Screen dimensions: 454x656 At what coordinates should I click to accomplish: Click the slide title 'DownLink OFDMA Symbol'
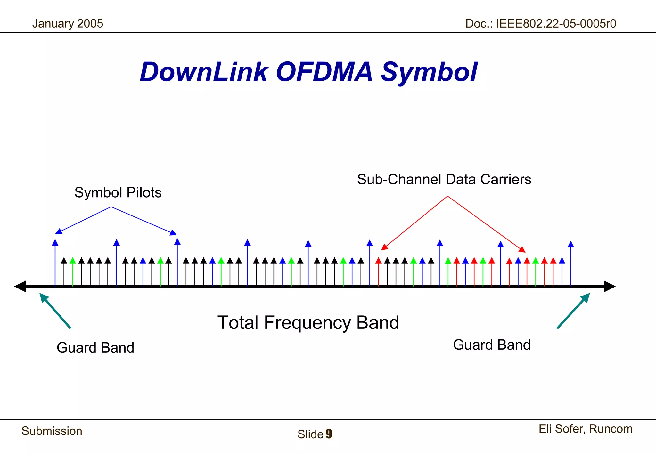point(308,72)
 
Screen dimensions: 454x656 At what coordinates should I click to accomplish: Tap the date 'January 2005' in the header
point(68,24)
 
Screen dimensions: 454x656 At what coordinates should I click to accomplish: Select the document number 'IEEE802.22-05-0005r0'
point(556,24)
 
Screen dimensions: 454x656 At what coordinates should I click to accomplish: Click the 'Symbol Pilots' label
point(118,193)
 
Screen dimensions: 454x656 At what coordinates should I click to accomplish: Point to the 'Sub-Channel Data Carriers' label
point(444,180)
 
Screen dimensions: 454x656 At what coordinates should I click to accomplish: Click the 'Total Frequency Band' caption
point(308,322)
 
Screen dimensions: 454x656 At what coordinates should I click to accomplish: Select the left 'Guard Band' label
point(95,348)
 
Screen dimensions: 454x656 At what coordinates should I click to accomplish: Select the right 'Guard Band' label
point(492,345)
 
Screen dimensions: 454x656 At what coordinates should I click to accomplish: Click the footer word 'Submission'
point(52,431)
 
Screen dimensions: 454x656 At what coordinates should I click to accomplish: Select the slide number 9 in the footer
point(329,434)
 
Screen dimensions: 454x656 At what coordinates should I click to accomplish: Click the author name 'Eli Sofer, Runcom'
point(586,429)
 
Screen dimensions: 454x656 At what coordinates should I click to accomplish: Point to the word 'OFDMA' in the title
point(324,72)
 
